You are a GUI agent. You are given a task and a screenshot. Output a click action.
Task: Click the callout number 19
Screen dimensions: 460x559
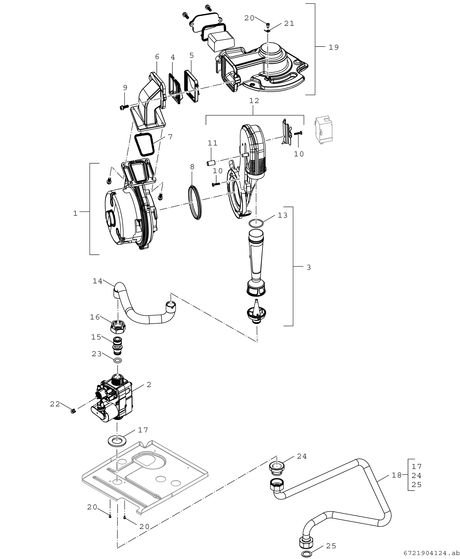click(x=334, y=47)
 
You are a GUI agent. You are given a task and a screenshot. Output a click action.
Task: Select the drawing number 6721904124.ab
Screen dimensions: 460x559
click(x=432, y=554)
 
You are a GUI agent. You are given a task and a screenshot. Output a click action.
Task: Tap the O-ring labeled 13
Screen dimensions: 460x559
click(x=256, y=223)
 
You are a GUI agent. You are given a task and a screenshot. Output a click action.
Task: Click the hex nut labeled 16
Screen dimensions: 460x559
click(x=118, y=328)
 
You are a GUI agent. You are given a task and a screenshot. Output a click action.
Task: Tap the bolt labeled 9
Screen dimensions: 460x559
click(x=124, y=107)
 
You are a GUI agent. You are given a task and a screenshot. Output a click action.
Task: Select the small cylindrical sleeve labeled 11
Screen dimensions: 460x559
click(x=210, y=162)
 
